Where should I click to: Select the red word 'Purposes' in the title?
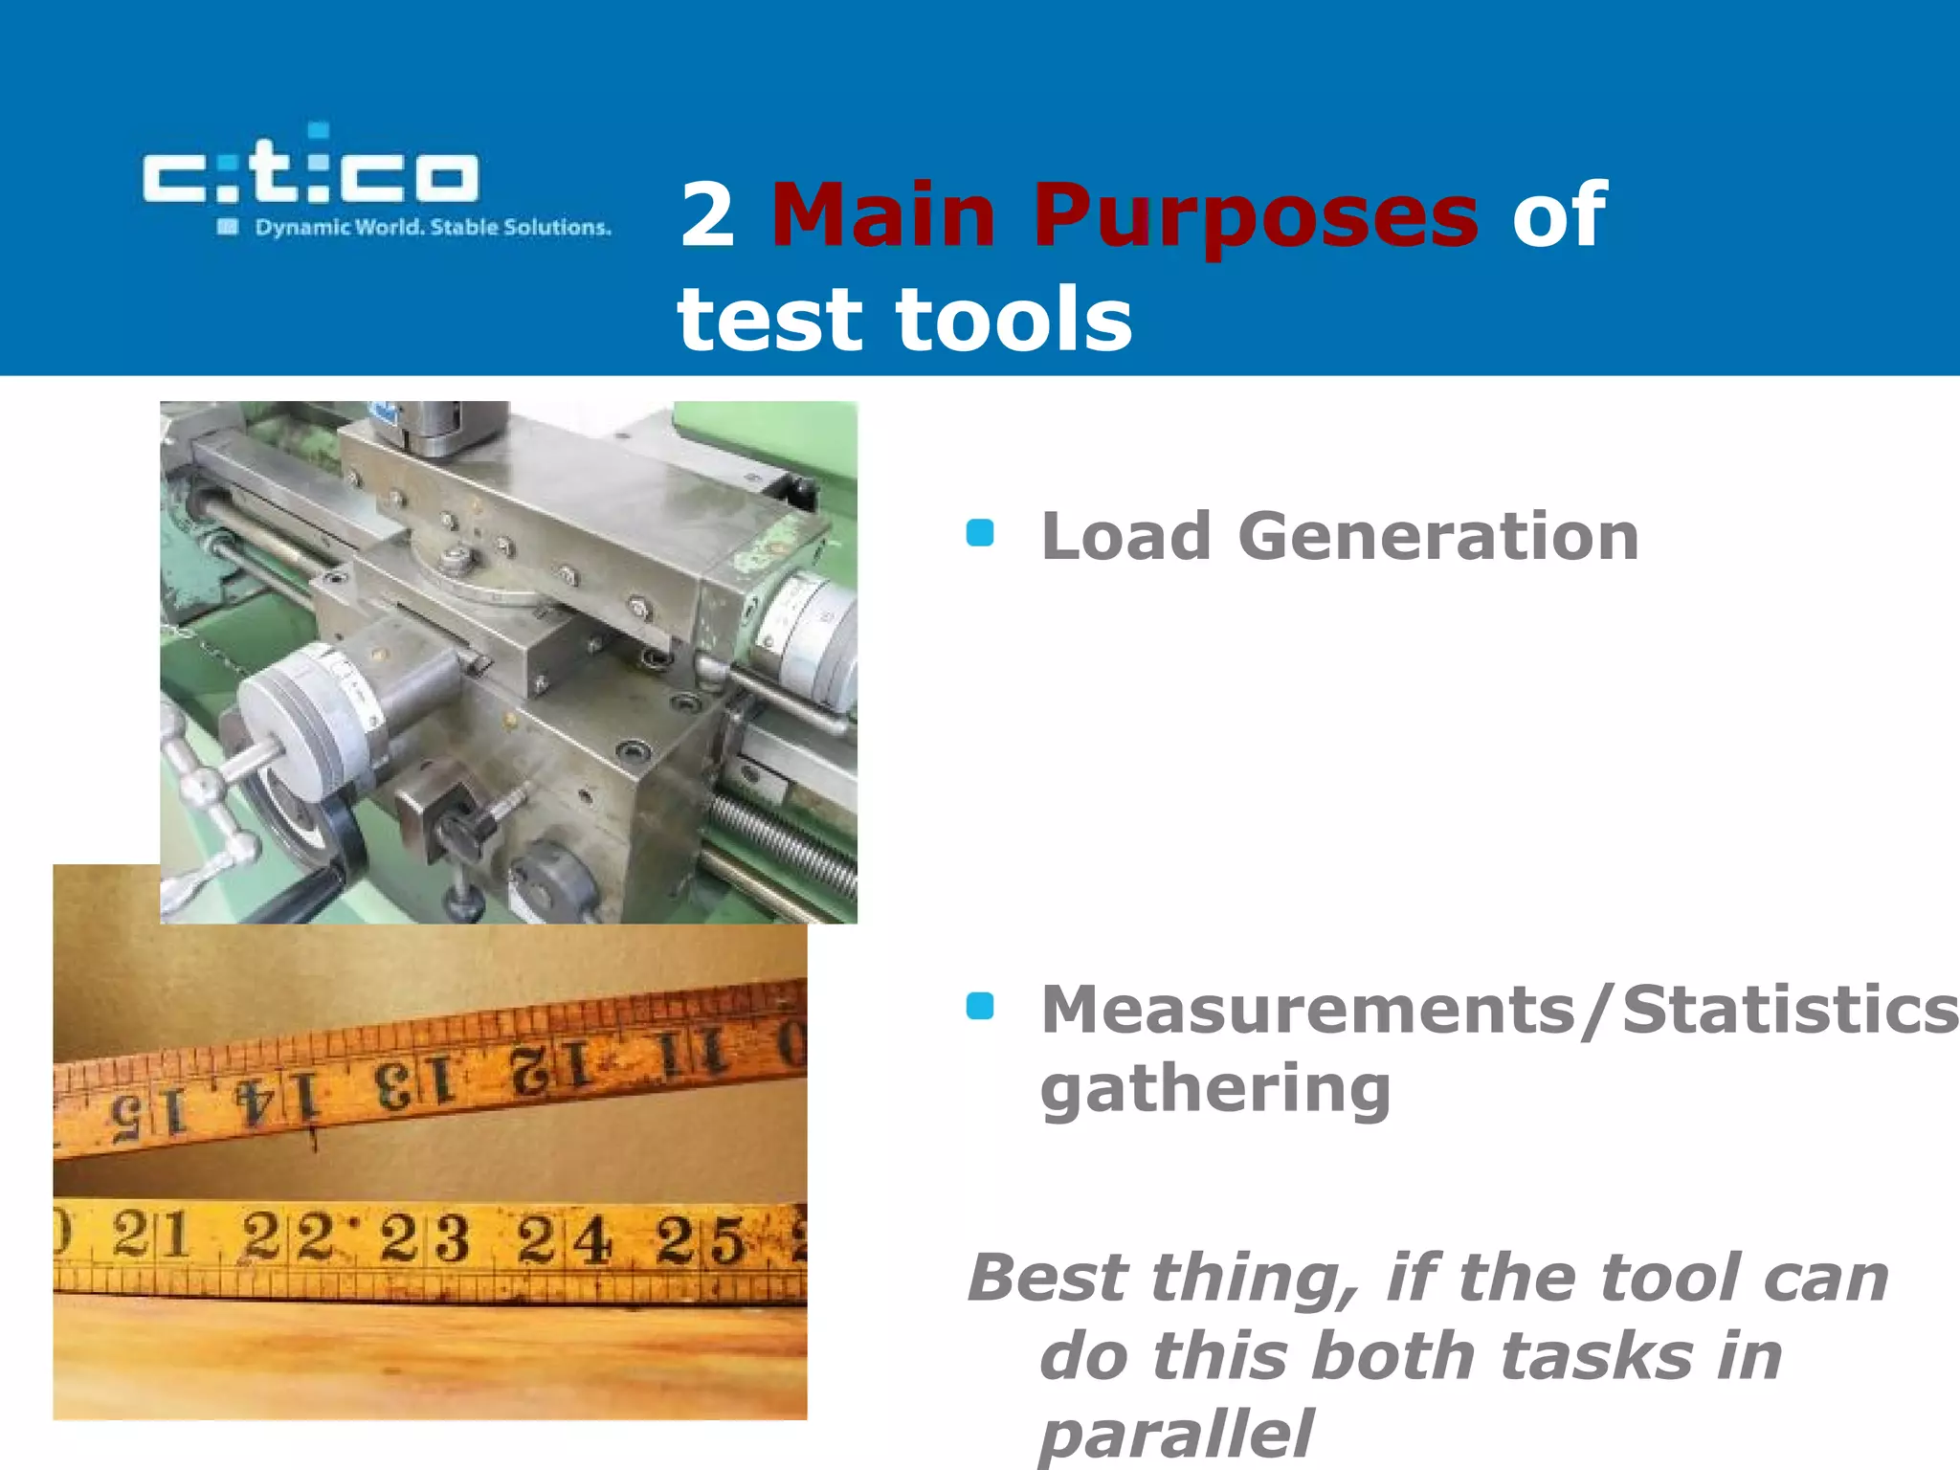click(x=1255, y=218)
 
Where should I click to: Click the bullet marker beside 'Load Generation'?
click(x=980, y=533)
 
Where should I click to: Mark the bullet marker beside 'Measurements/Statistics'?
click(x=980, y=1007)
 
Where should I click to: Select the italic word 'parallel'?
click(x=1177, y=1434)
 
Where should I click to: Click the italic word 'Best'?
click(x=1049, y=1278)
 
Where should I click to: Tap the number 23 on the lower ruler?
click(x=424, y=1238)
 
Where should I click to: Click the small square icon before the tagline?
click(x=228, y=227)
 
